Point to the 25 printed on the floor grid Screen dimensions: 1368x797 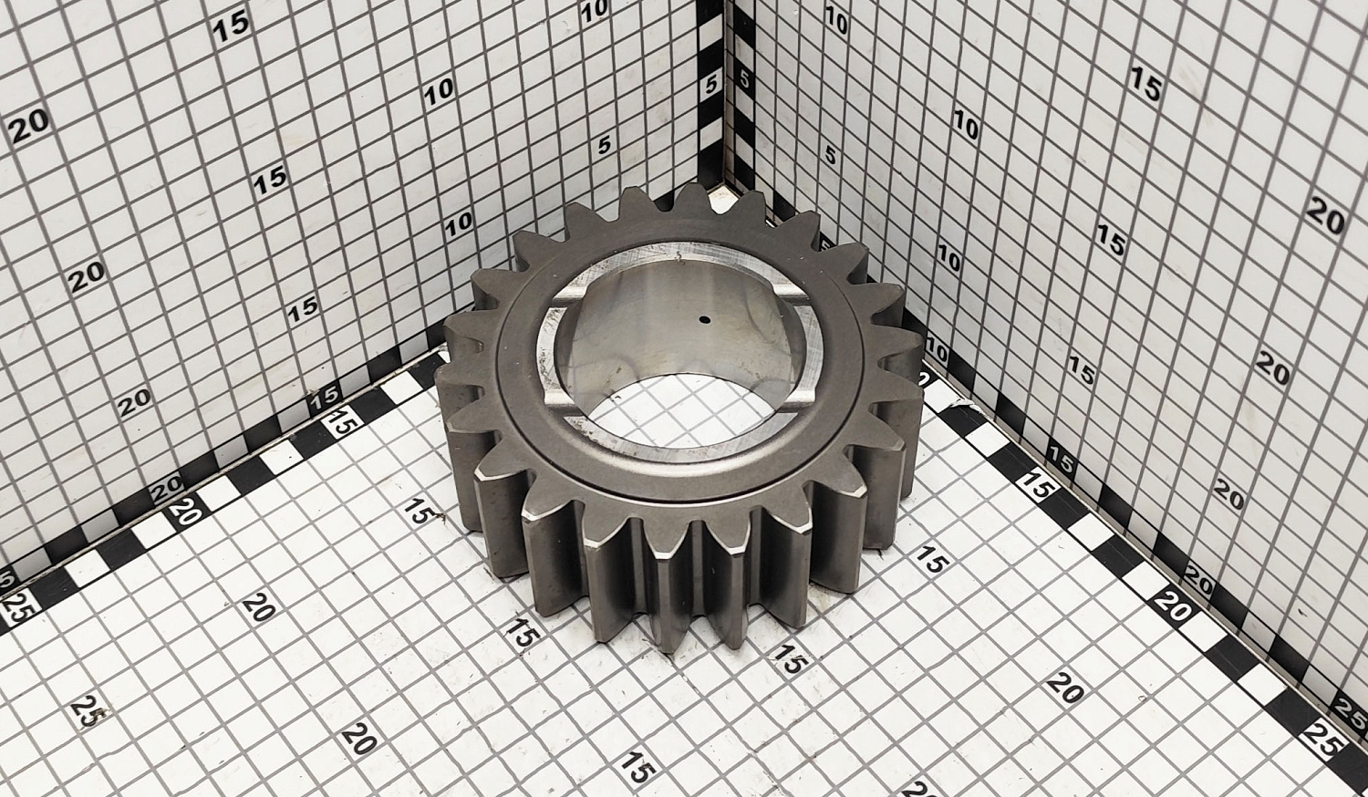(x=89, y=711)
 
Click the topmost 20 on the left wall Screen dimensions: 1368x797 (x=28, y=127)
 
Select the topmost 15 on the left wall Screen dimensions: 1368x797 (x=232, y=26)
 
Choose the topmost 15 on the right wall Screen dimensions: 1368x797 (x=1145, y=83)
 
